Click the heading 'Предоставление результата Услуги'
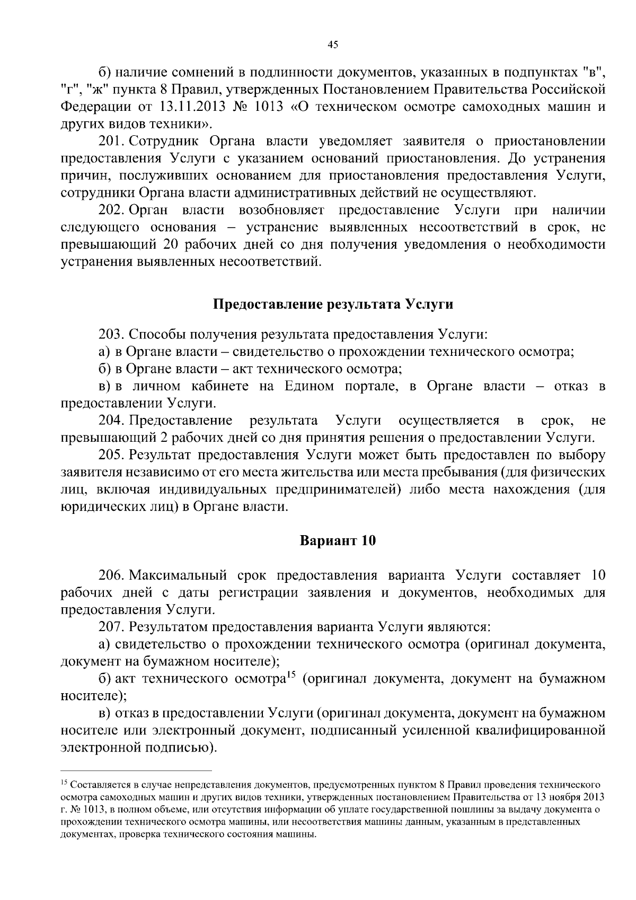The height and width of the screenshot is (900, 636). coord(333,304)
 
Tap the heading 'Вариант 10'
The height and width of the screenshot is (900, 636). coord(338,541)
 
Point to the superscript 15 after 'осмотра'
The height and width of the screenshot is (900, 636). coord(290,675)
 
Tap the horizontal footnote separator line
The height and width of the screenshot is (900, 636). coord(136,770)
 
